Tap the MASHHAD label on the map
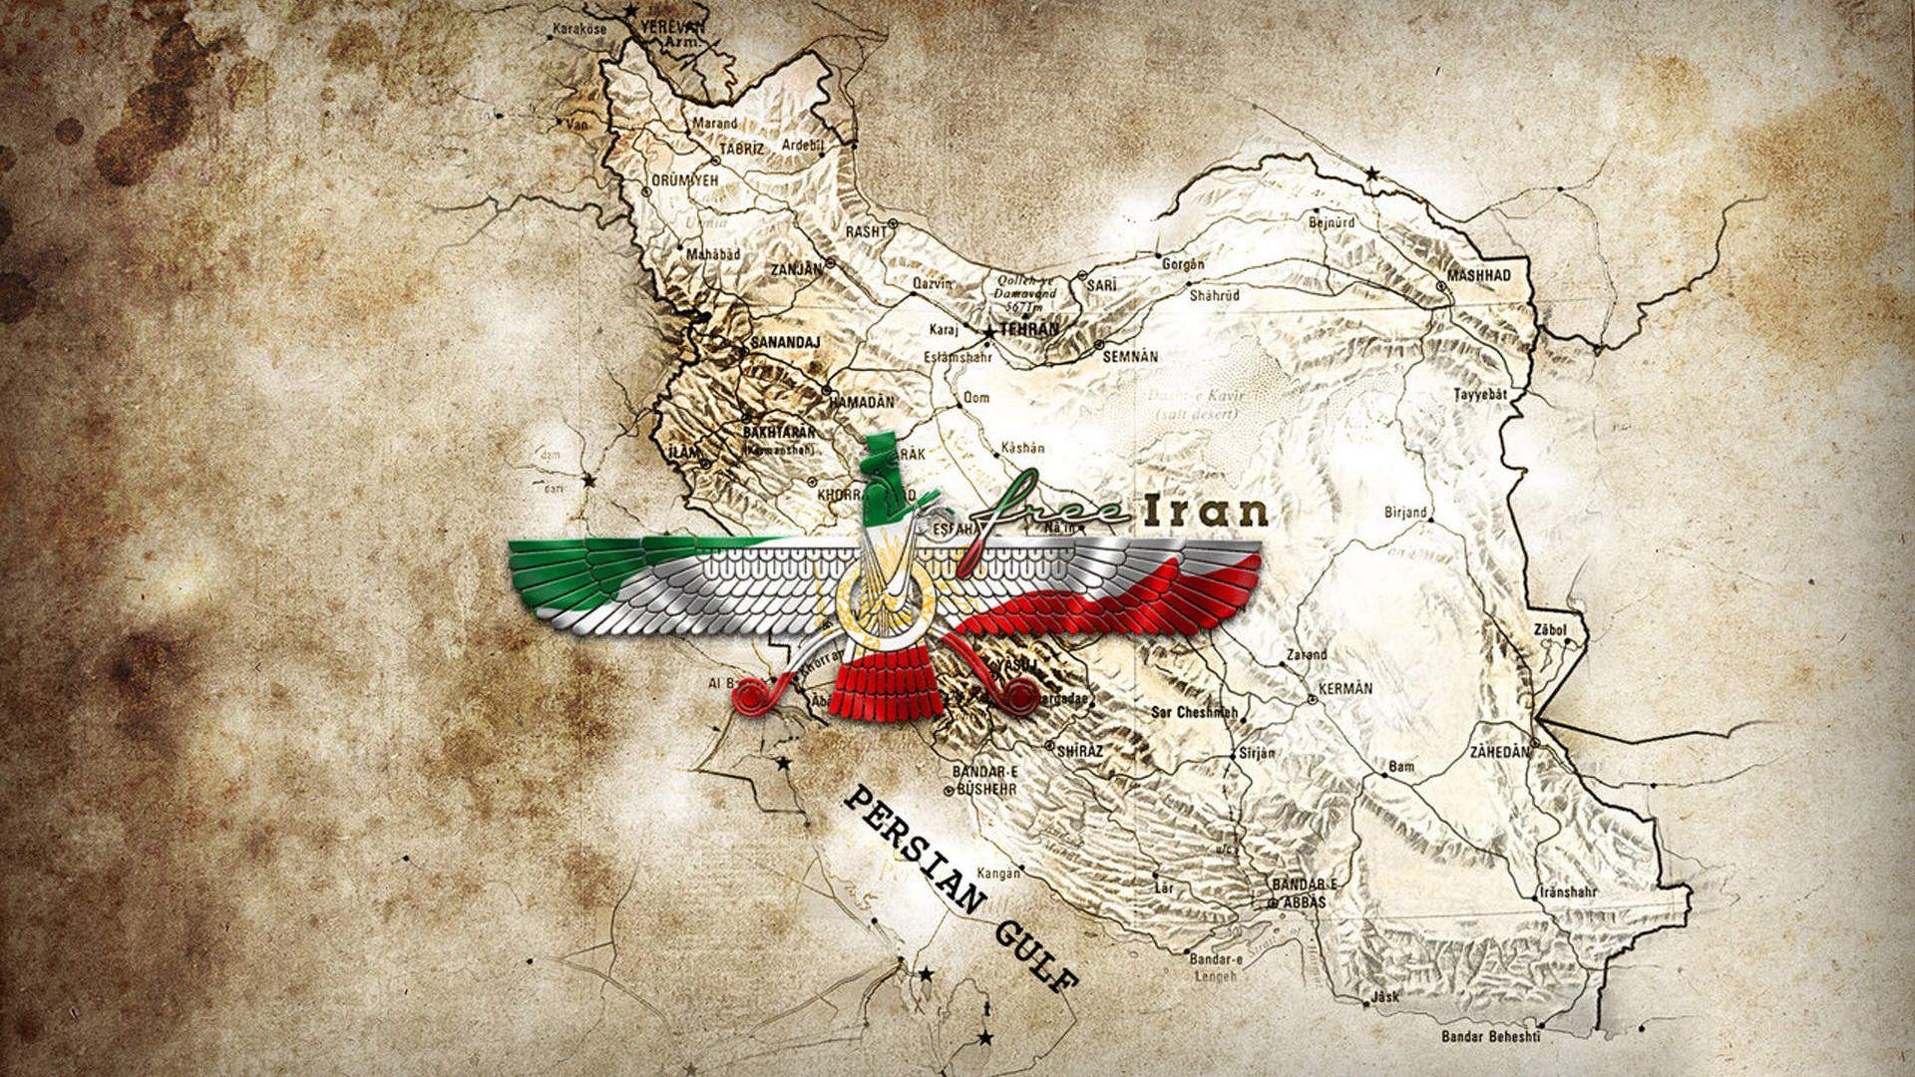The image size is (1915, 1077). [x=1479, y=274]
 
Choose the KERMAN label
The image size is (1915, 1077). [x=1345, y=688]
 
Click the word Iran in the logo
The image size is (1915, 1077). [x=1204, y=511]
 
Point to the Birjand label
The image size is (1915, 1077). [x=1406, y=513]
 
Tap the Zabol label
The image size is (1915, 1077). [x=1554, y=629]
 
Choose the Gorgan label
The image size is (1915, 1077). [x=1184, y=264]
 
